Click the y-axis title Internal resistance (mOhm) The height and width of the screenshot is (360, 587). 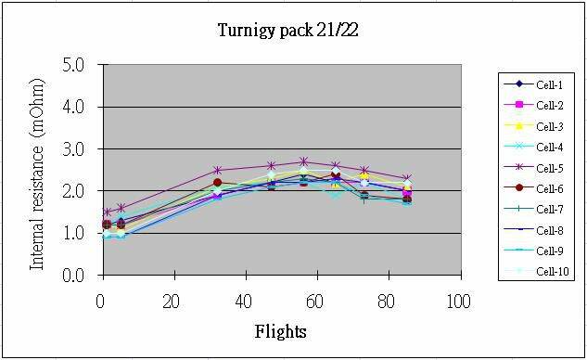point(38,171)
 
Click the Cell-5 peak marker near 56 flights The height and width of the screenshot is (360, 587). point(303,161)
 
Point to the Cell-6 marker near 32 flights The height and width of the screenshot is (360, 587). point(217,183)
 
